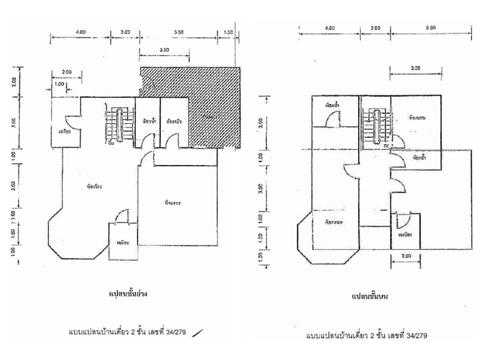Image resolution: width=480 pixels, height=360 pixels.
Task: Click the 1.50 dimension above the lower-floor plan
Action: coord(228,31)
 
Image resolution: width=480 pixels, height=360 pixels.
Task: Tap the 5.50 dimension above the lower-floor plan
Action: coord(179,31)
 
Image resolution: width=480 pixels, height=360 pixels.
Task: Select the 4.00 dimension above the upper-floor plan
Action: coord(329,28)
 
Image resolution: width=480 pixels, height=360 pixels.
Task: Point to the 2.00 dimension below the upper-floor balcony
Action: coord(405,255)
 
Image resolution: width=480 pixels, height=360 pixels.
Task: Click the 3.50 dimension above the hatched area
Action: coord(163,49)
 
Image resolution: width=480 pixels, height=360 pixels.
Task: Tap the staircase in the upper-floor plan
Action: coord(375,124)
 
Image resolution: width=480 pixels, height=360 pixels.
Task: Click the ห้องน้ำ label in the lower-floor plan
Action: coord(148,121)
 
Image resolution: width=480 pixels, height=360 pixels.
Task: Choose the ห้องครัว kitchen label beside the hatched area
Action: coord(174,121)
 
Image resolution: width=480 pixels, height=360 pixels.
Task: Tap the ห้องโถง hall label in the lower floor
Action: coord(94,186)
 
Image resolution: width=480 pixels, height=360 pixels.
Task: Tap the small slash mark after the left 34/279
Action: coord(198,331)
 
